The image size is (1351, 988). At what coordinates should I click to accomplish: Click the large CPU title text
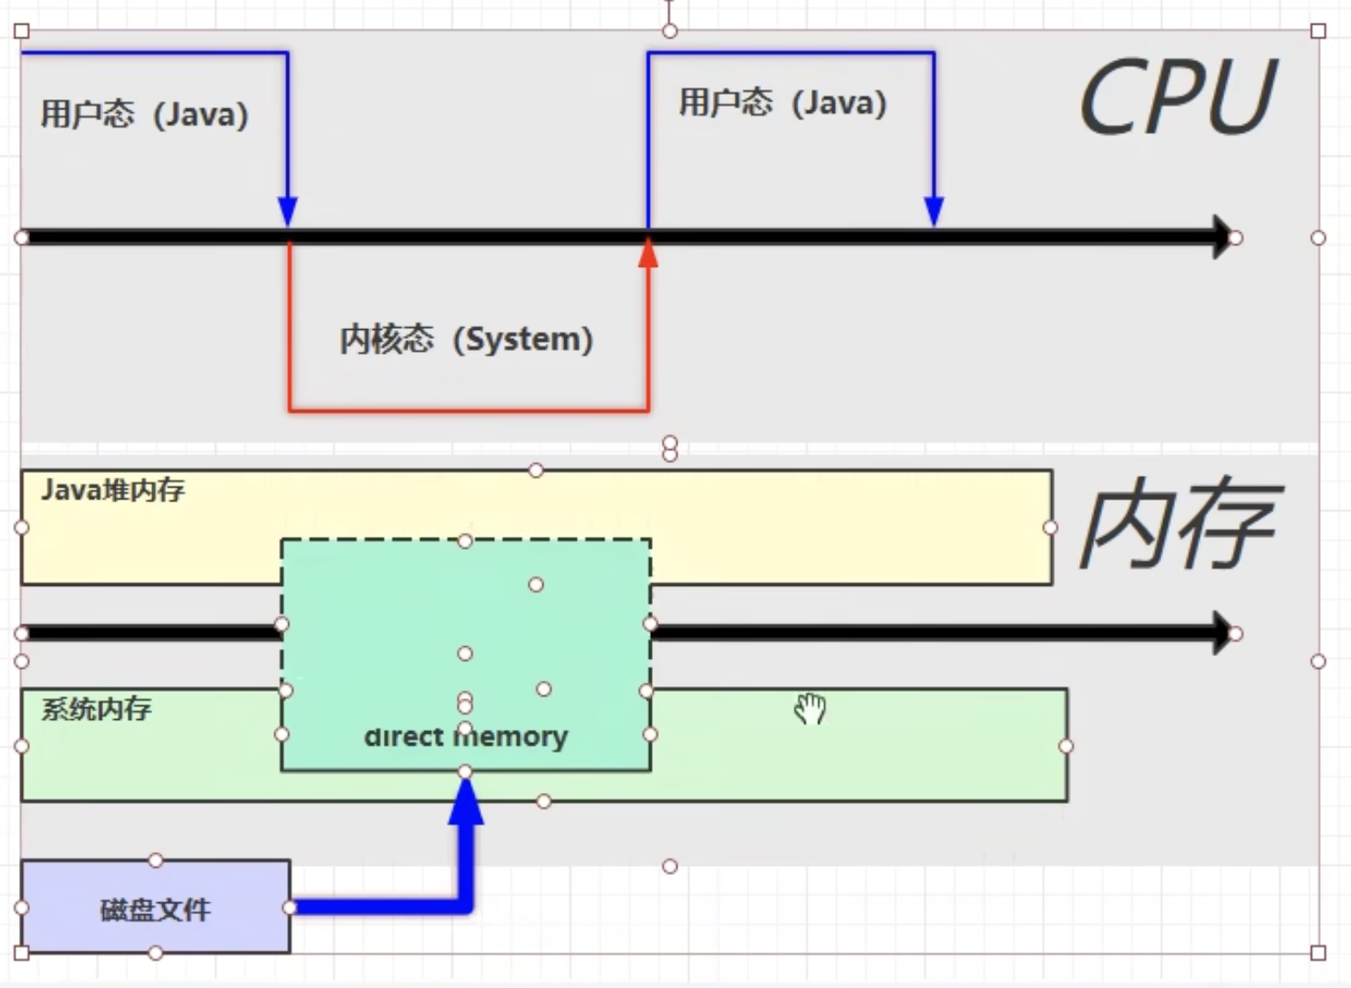point(1177,98)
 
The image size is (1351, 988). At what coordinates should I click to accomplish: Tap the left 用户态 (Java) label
point(144,115)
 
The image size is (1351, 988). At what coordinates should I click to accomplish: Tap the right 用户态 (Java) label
point(782,102)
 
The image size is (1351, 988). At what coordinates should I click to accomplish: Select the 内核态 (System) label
point(466,339)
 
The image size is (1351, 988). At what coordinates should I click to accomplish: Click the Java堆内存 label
point(113,490)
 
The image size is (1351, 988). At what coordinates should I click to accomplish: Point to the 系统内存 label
point(97,709)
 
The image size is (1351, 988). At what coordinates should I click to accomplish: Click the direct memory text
point(466,736)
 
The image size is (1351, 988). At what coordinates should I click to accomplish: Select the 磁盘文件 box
point(155,908)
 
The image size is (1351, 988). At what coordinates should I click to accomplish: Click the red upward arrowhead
point(648,252)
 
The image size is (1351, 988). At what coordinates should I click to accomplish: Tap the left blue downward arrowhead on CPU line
point(288,211)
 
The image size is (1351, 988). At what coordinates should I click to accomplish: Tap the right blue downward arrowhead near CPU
point(933,211)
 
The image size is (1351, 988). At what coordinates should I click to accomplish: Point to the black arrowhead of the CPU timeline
point(1222,237)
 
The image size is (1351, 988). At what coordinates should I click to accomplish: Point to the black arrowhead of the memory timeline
point(1222,633)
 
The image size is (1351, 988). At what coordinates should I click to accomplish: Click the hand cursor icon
point(810,708)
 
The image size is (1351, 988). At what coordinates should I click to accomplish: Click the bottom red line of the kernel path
point(469,410)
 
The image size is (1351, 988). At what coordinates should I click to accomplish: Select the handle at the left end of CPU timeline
point(22,238)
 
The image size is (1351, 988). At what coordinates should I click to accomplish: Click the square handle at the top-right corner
point(1318,31)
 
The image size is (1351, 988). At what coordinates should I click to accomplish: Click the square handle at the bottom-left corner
point(22,953)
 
